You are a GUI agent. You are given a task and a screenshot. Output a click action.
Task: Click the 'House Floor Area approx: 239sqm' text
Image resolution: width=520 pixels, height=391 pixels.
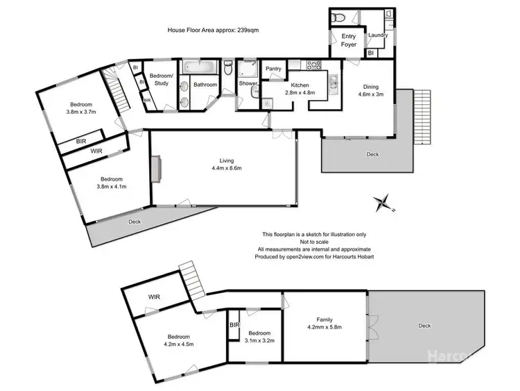click(x=209, y=30)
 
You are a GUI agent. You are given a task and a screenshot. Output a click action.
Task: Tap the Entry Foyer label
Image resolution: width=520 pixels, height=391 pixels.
click(x=349, y=40)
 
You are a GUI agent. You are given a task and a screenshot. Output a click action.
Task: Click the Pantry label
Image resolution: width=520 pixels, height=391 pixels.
click(x=273, y=69)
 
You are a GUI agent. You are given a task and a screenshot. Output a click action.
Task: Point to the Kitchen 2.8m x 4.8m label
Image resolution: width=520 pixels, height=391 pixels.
click(x=300, y=88)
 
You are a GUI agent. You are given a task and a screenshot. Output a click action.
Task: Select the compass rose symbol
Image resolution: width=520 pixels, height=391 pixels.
click(x=382, y=204)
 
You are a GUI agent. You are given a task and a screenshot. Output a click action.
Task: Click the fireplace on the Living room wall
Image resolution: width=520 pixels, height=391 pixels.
click(x=157, y=169)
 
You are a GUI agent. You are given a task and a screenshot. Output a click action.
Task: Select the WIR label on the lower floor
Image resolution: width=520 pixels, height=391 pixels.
click(x=154, y=297)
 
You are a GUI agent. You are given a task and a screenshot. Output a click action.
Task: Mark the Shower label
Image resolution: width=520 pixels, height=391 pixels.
click(x=247, y=85)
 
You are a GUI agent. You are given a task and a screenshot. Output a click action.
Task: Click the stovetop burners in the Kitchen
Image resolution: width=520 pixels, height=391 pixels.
click(x=313, y=67)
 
